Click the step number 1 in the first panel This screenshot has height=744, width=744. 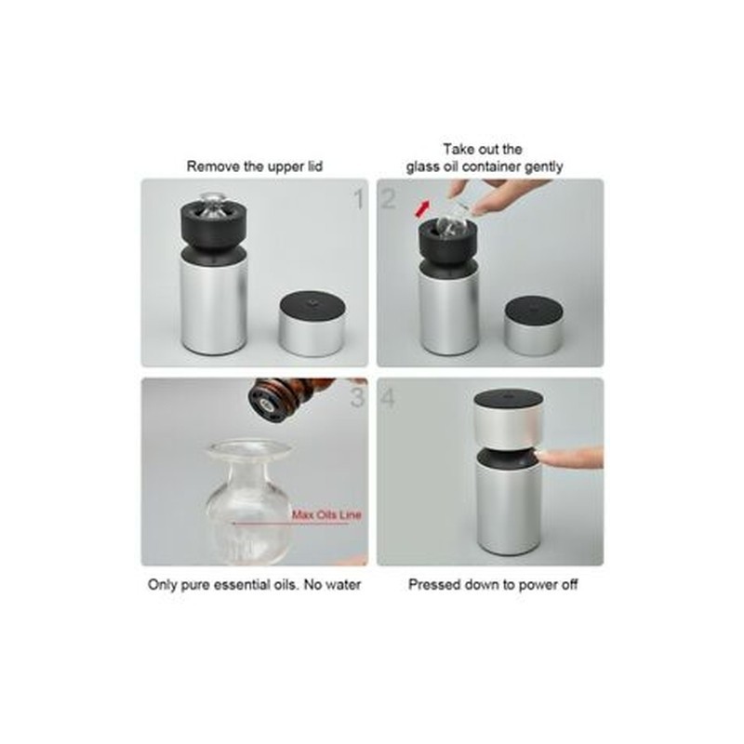pyautogui.click(x=359, y=199)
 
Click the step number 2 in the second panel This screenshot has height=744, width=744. pyautogui.click(x=388, y=199)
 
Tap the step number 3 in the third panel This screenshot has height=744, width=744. pyautogui.click(x=357, y=398)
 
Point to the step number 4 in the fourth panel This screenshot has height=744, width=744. pyautogui.click(x=388, y=398)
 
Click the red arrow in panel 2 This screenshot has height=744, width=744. pyautogui.click(x=422, y=208)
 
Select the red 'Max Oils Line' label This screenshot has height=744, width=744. pyautogui.click(x=326, y=515)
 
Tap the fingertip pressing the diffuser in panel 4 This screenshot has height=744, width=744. pyautogui.click(x=546, y=458)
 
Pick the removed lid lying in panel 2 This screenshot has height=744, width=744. pyautogui.click(x=534, y=326)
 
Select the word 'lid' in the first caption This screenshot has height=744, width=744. pyautogui.click(x=314, y=166)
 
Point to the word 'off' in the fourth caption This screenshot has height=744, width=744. pyautogui.click(x=569, y=585)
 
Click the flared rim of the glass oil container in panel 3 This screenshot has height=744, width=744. pyautogui.click(x=250, y=449)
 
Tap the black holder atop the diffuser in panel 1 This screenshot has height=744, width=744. pyautogui.click(x=214, y=228)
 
